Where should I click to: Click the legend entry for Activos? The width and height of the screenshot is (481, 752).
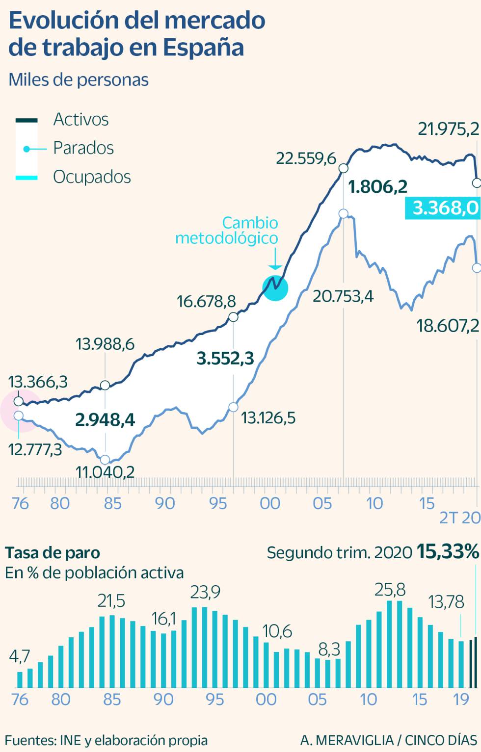point(80,119)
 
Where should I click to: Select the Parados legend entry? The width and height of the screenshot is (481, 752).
point(83,148)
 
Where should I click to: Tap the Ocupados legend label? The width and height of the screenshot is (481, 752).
point(92,177)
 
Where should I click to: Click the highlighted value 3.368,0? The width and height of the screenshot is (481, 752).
point(445,208)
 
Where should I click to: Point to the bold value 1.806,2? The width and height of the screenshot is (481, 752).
point(377,187)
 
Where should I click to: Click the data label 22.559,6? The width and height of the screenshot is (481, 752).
point(306,158)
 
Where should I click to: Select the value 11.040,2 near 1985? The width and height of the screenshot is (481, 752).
point(105,472)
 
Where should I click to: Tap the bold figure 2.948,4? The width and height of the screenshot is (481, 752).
point(105,420)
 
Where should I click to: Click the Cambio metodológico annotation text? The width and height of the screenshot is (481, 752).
point(227,230)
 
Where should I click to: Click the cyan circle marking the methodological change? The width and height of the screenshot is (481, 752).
point(275,287)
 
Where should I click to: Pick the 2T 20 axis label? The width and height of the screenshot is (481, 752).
point(459,518)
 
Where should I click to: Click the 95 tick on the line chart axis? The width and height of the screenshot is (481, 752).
point(217,503)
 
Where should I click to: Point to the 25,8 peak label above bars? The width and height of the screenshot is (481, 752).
point(390,590)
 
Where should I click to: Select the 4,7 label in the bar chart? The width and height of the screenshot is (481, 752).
point(20,656)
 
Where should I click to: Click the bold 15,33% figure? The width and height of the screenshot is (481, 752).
point(448,552)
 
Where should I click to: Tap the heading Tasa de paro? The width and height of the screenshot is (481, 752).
point(53,553)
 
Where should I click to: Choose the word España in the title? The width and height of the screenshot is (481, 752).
point(203,48)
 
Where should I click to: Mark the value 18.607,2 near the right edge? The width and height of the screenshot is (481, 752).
point(448,326)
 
